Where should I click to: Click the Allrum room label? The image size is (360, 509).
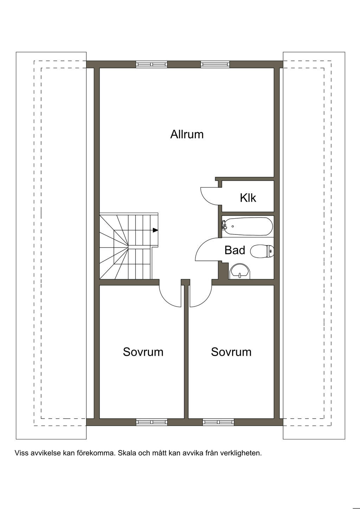click(x=187, y=134)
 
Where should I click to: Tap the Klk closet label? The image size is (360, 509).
click(x=248, y=198)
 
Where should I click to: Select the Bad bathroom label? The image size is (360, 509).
click(x=234, y=250)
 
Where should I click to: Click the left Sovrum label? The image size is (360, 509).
click(x=143, y=352)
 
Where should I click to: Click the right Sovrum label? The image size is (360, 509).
click(x=231, y=352)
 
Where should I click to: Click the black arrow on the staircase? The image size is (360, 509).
click(x=155, y=230)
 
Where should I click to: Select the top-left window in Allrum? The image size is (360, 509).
click(x=151, y=64)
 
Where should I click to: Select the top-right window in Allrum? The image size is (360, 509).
click(x=215, y=64)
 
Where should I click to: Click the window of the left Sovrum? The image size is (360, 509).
click(x=152, y=422)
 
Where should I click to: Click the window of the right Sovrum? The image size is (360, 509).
click(x=218, y=422)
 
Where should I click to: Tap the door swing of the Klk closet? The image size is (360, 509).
click(x=209, y=195)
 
